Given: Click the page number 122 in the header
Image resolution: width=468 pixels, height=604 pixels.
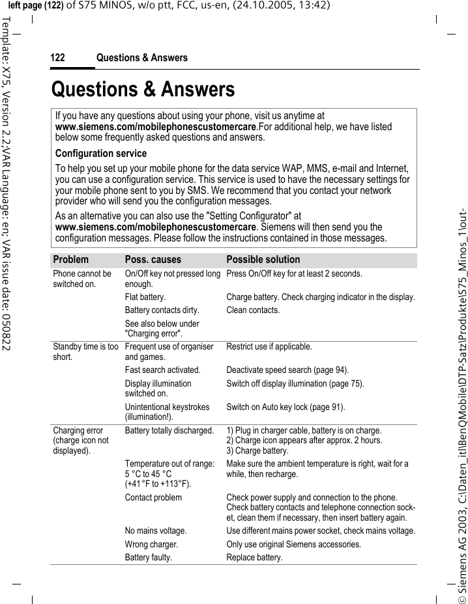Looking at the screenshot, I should point(58,59).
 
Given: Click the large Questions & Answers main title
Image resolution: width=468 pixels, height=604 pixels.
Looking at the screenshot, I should point(143,89).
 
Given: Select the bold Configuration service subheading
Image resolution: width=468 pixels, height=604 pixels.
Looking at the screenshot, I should point(101,154).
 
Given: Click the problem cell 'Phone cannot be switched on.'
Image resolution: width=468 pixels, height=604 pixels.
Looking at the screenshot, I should point(82,279).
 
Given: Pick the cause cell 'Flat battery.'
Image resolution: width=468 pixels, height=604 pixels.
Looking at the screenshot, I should point(145,297).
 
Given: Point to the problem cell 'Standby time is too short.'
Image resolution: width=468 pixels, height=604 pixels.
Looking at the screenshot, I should point(85,351).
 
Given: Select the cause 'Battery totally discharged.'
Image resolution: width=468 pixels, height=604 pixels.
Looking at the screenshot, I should point(169,431).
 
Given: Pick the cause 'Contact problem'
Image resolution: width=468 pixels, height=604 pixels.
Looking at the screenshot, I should point(153,498).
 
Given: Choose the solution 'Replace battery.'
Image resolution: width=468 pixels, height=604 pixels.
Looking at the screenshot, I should point(254,558).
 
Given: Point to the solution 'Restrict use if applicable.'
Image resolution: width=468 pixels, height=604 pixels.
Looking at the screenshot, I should point(269,347).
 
